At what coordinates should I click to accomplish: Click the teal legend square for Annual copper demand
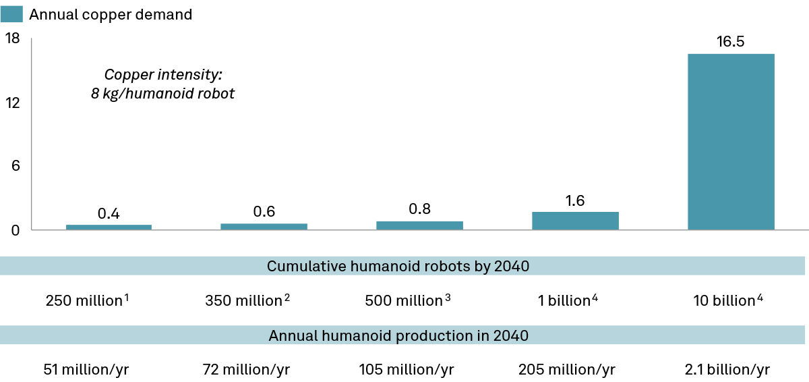[x=13, y=14]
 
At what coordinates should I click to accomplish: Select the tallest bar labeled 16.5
[x=730, y=142]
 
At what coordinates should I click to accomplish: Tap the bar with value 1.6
[x=575, y=221]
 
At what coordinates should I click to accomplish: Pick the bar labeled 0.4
[x=109, y=227]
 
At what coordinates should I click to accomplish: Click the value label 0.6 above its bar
[x=264, y=212]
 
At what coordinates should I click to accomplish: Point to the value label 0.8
[x=419, y=209]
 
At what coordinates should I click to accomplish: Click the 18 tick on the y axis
[x=13, y=39]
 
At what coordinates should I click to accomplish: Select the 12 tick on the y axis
[x=13, y=103]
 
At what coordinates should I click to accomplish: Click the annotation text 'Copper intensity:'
[x=162, y=74]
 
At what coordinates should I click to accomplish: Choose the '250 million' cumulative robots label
[x=84, y=300]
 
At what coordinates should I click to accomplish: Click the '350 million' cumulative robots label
[x=243, y=300]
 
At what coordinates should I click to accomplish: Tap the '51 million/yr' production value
[x=84, y=369]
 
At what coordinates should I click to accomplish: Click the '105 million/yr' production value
[x=407, y=369]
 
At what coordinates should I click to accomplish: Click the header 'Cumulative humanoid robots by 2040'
[x=398, y=266]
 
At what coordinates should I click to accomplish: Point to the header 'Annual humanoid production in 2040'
[x=398, y=335]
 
